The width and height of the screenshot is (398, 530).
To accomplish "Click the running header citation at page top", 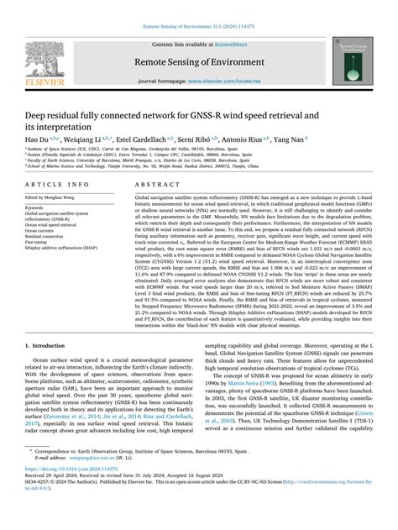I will (198, 8).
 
